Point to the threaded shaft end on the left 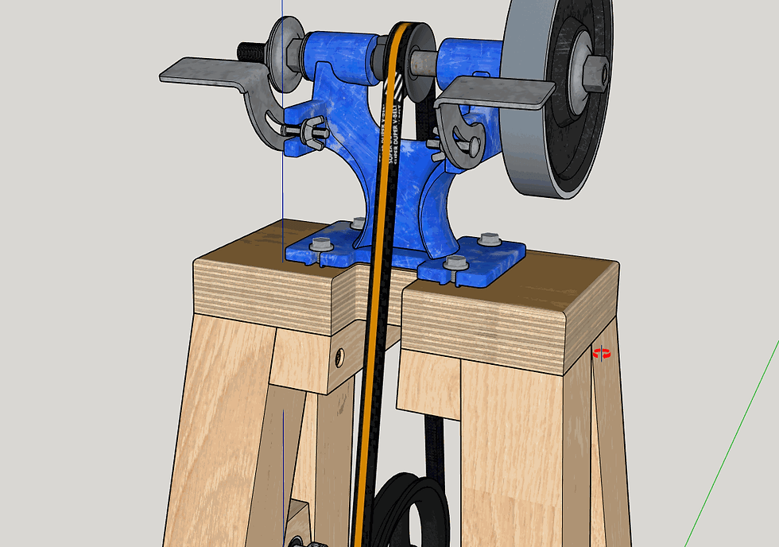coord(252,52)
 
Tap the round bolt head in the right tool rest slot coord(472,144)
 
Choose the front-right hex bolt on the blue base coord(455,262)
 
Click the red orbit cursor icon coord(603,353)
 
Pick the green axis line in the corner coord(731,445)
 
